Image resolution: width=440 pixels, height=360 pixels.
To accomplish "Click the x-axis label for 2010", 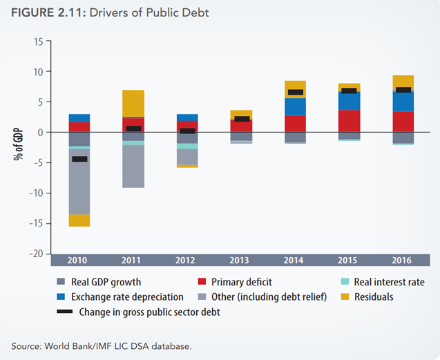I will tap(79, 260).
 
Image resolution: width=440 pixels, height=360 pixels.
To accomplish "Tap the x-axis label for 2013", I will tap(240, 260).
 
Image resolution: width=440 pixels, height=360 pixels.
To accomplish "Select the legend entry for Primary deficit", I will tap(240, 282).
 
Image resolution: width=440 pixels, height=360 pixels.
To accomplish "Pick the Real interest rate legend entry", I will tap(389, 282).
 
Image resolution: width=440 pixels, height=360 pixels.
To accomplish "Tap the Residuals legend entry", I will tap(373, 296).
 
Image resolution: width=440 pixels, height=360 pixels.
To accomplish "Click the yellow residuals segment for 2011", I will tap(133, 103).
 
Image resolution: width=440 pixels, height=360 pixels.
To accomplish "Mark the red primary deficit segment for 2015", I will tap(347, 121).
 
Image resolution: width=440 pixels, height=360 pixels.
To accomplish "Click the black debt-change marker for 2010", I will tap(79, 159).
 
